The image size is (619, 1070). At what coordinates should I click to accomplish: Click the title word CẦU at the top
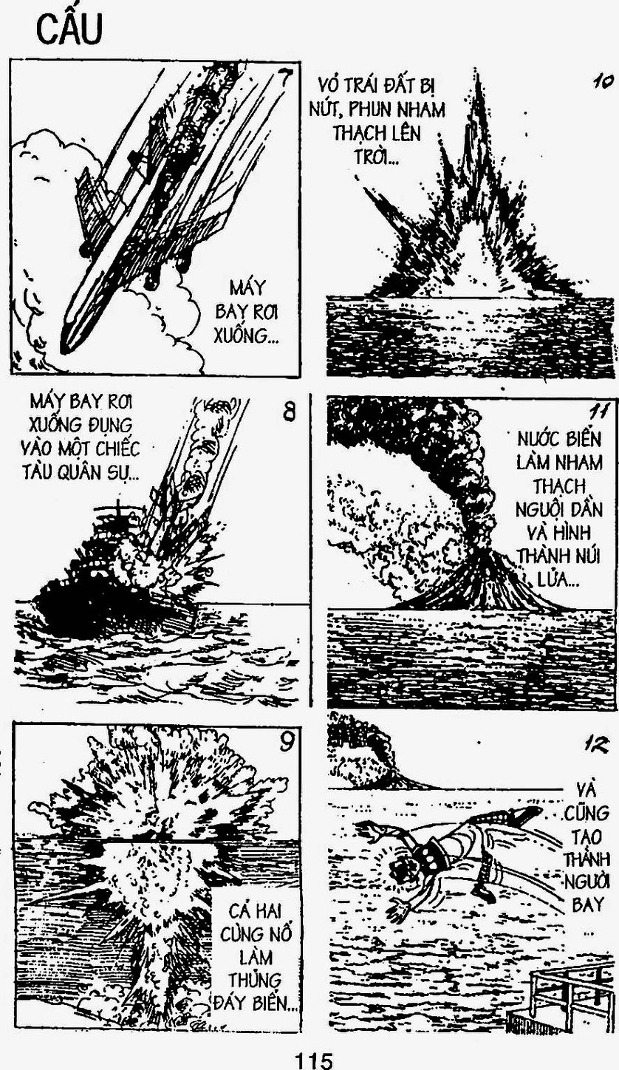(x=69, y=29)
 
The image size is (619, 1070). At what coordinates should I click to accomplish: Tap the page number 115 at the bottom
(x=314, y=1059)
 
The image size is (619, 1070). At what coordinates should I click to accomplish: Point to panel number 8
(x=290, y=411)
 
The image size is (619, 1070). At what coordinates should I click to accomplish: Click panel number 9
(x=286, y=741)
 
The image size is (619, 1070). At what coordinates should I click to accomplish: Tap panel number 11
(x=597, y=411)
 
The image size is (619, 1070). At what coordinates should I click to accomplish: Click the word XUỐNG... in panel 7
(x=246, y=335)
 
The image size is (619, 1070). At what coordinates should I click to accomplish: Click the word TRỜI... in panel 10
(x=377, y=156)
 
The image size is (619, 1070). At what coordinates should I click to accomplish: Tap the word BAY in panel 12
(x=585, y=904)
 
